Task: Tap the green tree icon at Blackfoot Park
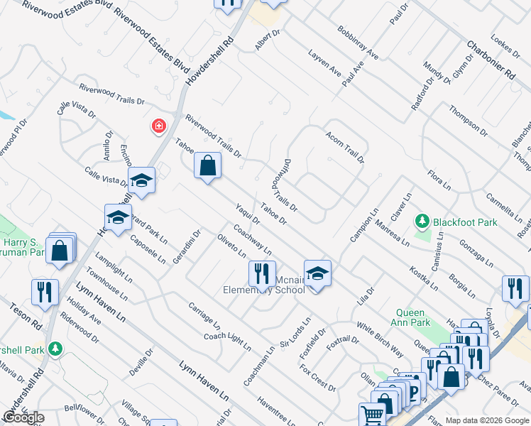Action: (423, 222)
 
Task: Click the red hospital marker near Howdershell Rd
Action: (158, 126)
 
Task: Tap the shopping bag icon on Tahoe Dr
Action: (207, 167)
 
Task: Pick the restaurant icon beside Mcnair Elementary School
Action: (262, 273)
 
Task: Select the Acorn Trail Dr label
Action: (345, 146)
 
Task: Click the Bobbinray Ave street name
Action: (358, 43)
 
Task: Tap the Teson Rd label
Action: (26, 317)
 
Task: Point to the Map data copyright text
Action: (486, 420)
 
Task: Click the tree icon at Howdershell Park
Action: (54, 349)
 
